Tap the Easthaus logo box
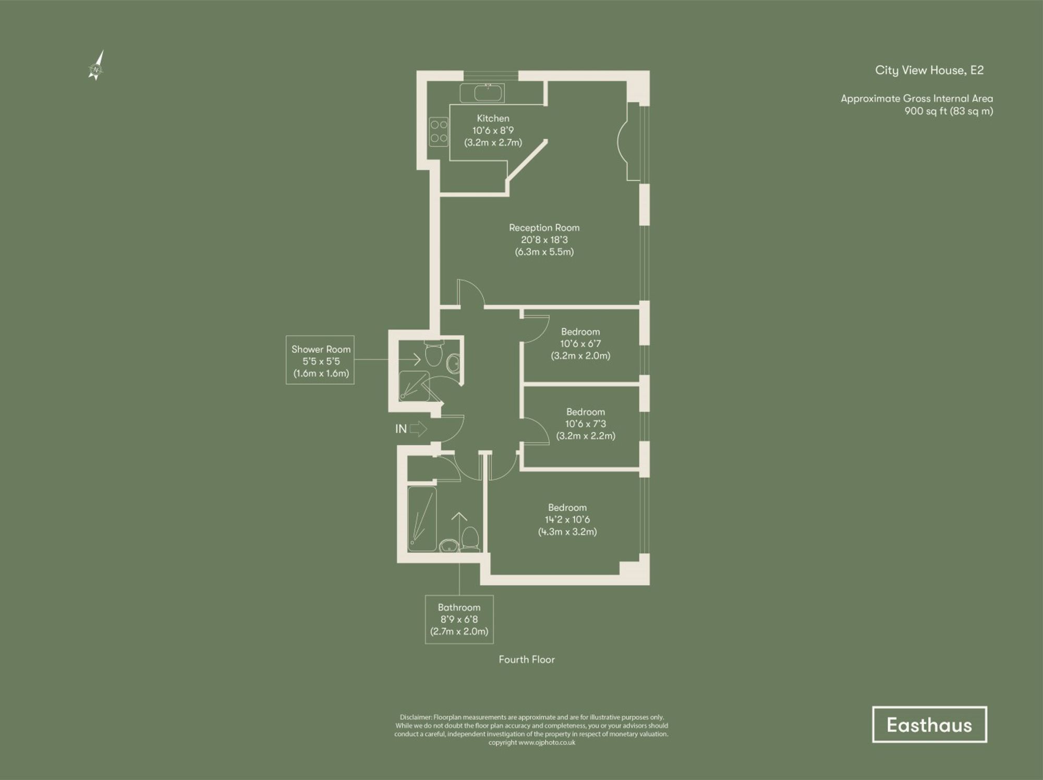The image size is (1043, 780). click(x=929, y=724)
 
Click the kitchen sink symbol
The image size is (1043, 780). click(x=482, y=93)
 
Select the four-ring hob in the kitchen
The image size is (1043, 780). click(x=439, y=132)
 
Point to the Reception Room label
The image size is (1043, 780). click(x=544, y=228)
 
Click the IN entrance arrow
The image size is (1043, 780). click(x=418, y=429)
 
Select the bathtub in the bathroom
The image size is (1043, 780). click(x=421, y=518)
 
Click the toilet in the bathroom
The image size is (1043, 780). click(x=470, y=539)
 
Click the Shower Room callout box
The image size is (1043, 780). click(x=320, y=360)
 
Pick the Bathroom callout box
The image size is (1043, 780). click(x=459, y=619)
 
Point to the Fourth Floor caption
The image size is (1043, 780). click(x=526, y=659)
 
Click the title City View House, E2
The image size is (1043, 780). click(x=929, y=70)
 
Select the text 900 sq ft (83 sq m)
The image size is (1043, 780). click(x=948, y=111)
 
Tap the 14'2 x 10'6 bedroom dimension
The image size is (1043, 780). click(x=567, y=519)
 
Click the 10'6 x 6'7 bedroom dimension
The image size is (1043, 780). click(x=580, y=343)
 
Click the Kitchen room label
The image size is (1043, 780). click(x=493, y=118)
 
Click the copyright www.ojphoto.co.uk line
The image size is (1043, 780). click(x=531, y=742)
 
